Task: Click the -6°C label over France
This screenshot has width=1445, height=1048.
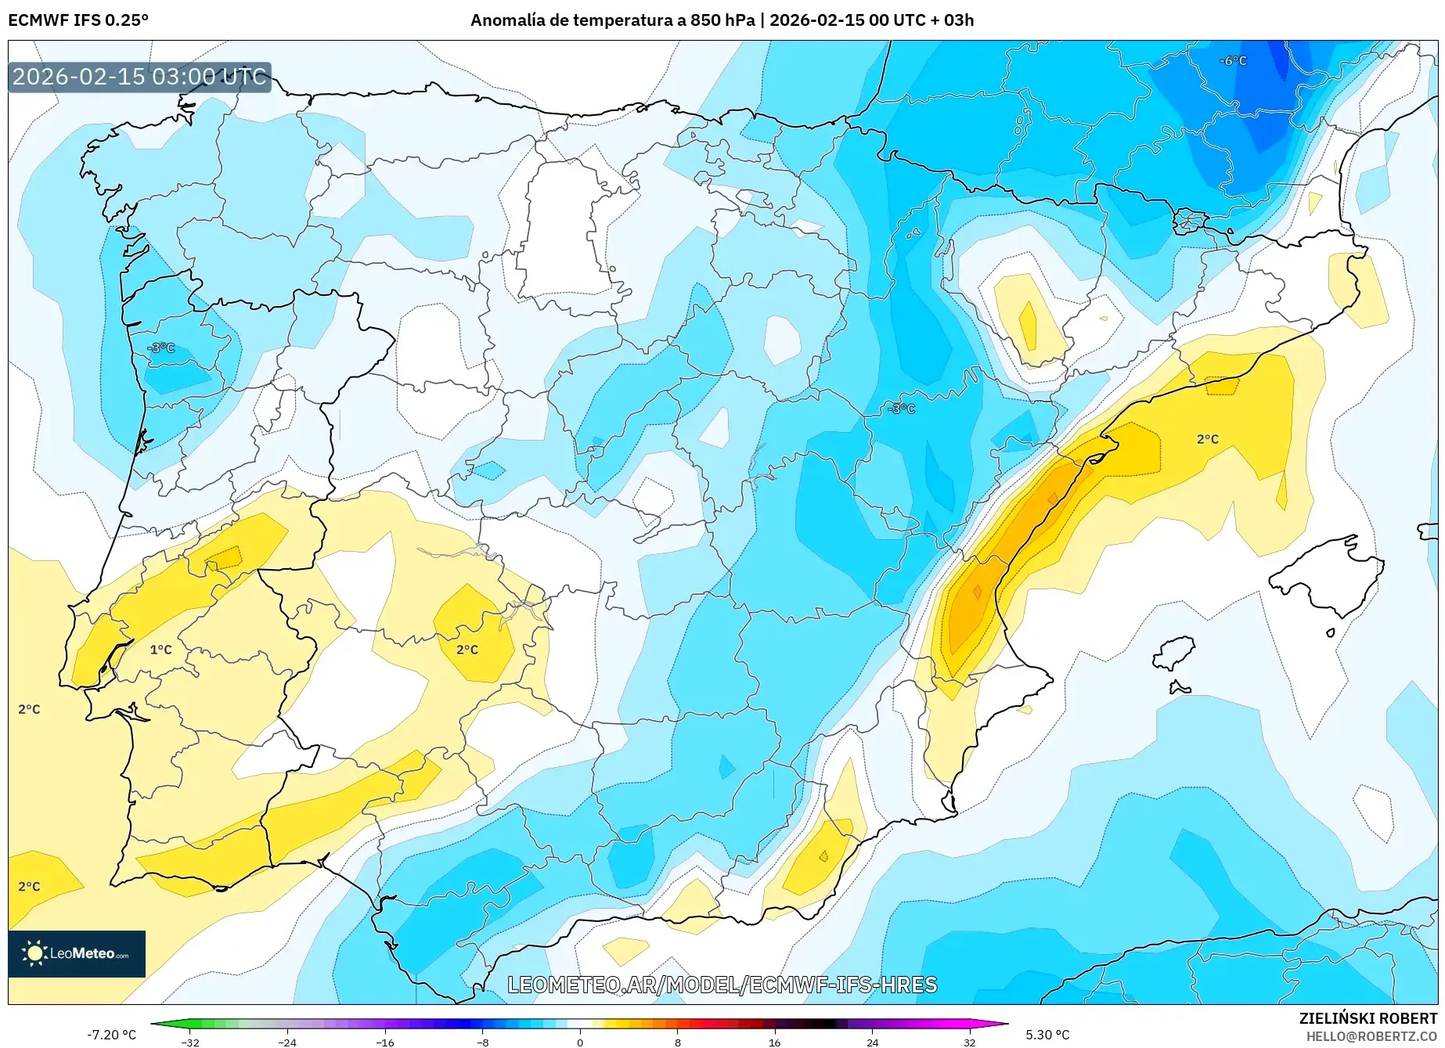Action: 1233,61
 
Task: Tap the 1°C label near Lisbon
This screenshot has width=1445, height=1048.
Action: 160,650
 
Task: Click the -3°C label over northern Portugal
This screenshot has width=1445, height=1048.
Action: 161,348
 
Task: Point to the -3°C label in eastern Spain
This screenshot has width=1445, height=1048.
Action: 901,409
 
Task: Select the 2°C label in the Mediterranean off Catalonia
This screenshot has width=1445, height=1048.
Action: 1207,439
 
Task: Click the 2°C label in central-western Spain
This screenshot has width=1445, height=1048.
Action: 467,650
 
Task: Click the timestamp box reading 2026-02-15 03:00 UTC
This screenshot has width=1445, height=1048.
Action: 139,77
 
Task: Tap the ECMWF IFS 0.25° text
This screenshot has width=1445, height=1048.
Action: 78,20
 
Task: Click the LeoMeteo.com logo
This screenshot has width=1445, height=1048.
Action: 77,953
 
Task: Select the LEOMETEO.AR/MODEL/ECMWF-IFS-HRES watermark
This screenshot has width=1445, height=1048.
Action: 722,985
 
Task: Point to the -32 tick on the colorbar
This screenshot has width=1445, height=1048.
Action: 190,1042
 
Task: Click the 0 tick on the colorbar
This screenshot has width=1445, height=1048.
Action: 580,1042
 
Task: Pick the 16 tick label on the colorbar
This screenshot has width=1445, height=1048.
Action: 774,1042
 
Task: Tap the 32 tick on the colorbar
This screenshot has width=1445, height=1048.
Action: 969,1042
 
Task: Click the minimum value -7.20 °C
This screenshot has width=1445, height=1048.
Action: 112,1035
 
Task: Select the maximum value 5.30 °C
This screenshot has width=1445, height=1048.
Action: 1047,1035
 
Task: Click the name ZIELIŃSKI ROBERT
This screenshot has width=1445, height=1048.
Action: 1368,1018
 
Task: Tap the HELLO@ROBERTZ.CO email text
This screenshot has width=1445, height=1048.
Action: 1371,1036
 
